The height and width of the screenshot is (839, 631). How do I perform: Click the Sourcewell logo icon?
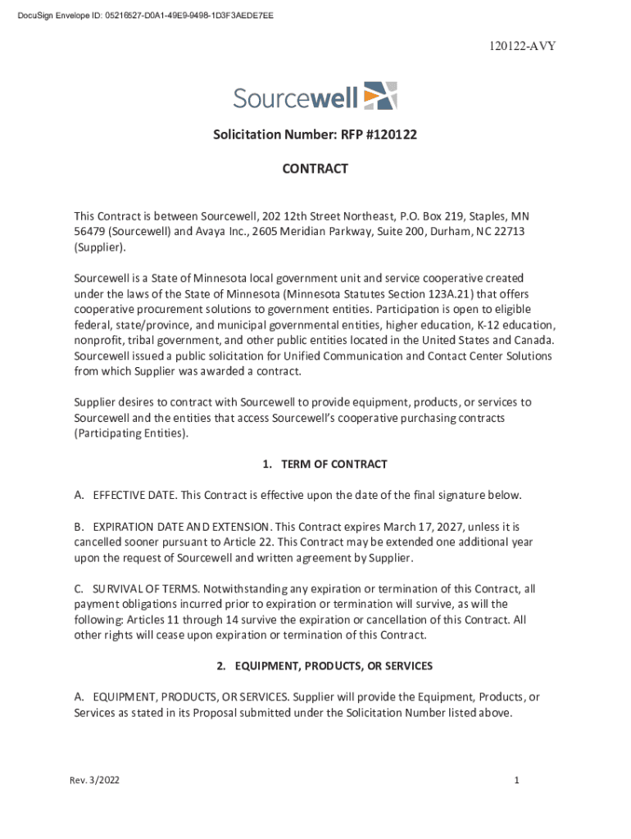tap(380, 96)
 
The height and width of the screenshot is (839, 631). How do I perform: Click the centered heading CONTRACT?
tap(315, 169)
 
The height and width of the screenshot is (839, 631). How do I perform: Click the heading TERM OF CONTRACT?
tap(334, 465)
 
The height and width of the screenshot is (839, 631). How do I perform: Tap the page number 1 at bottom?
tap(517, 781)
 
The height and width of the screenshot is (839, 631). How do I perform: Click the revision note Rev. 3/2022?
tap(95, 781)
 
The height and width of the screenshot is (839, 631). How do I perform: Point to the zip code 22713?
tap(508, 232)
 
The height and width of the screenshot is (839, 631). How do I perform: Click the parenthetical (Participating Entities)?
tap(131, 433)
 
